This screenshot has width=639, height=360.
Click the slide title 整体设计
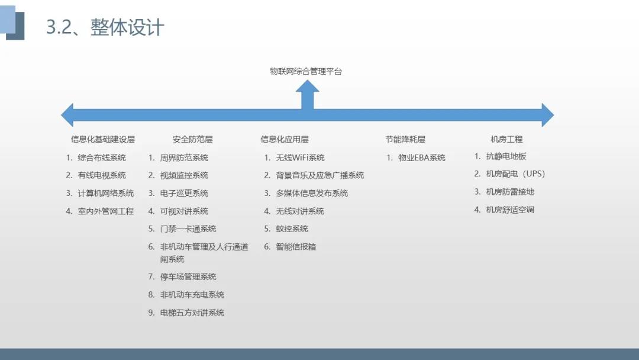point(127,27)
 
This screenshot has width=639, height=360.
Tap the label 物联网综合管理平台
point(306,71)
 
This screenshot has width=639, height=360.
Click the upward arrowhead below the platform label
point(307,86)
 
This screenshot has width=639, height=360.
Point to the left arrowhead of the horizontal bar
point(67,115)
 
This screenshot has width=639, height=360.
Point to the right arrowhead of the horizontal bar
point(548,115)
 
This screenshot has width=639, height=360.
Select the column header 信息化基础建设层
point(103,139)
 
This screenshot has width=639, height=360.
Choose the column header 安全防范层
point(192,139)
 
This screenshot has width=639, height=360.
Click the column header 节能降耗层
point(405,139)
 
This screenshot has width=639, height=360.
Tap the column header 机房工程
point(506,139)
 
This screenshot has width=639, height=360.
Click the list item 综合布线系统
point(102,157)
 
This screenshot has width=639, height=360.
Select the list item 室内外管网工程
point(106,211)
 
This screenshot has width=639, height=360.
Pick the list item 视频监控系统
point(184,175)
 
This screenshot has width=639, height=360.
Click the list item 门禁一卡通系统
point(188,229)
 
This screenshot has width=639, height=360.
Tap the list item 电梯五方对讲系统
point(192,313)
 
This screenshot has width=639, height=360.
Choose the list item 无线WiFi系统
point(301,157)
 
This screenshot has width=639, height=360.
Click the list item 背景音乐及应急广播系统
point(320,175)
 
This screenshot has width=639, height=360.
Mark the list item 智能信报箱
point(296,247)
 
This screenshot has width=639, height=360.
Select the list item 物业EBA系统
point(422,157)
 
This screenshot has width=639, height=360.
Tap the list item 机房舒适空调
point(510,210)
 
